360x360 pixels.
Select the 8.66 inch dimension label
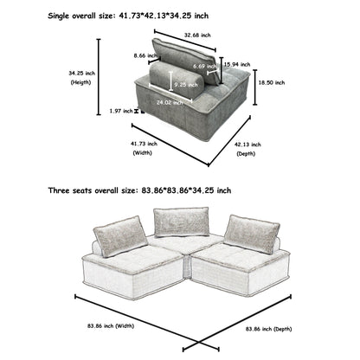[x=134, y=55]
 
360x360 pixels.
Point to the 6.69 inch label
[x=204, y=66]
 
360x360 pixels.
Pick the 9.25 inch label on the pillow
[x=184, y=85]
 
